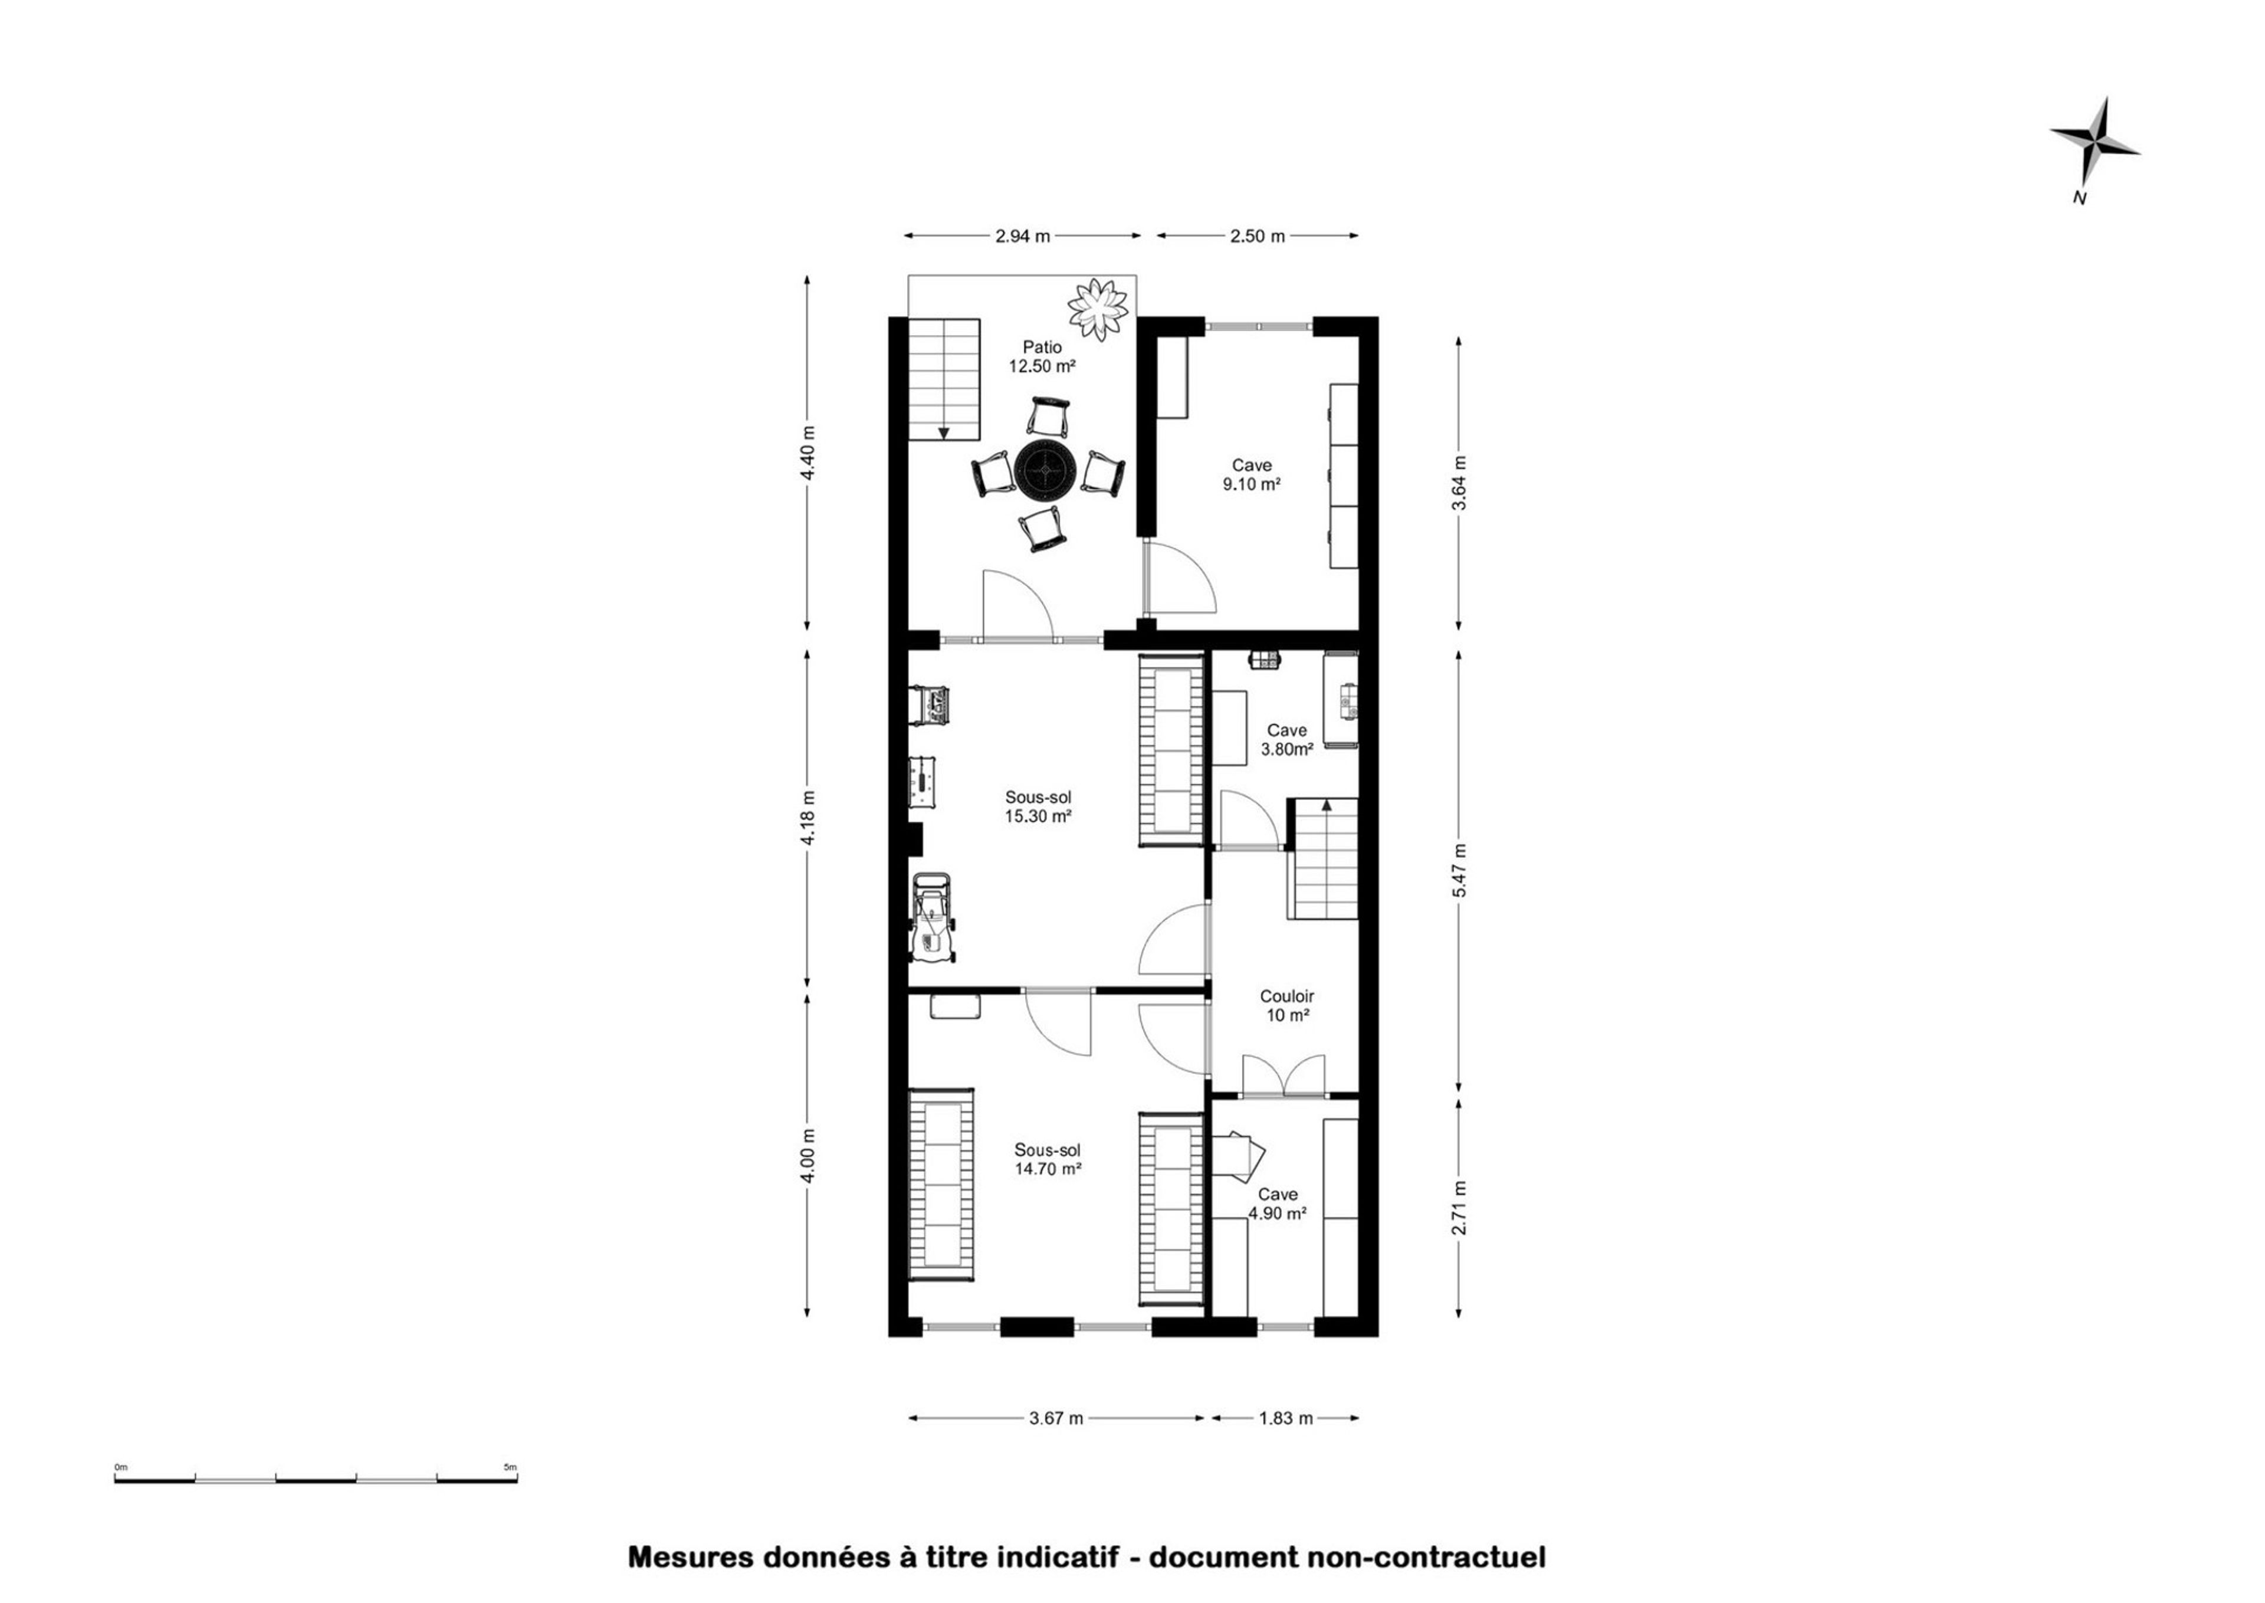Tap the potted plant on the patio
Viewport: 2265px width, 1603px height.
1098,310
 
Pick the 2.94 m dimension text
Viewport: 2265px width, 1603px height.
1022,236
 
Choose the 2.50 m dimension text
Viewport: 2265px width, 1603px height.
1258,236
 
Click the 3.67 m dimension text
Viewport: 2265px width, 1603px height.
1056,1418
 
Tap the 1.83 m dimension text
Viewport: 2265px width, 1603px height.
1286,1418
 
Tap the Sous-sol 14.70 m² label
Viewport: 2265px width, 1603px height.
1047,1159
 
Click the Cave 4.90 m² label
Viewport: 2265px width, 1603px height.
1278,1203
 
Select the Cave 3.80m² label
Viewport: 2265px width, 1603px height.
1287,739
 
